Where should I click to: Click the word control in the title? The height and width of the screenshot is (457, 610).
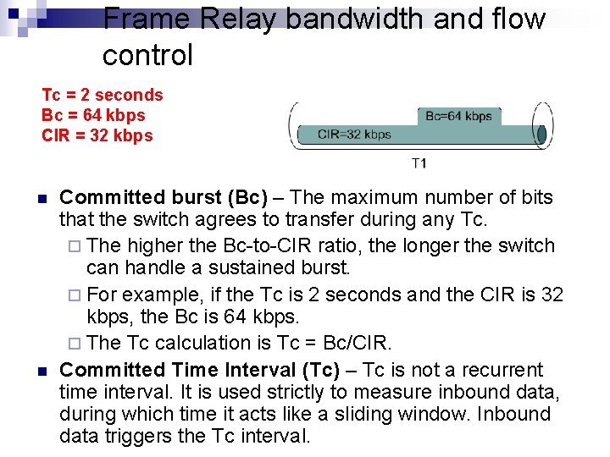point(147,56)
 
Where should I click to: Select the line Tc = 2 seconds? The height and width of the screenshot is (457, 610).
point(102,95)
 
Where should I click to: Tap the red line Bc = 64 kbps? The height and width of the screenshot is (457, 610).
point(93,115)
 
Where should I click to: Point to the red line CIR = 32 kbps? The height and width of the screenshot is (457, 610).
point(97,135)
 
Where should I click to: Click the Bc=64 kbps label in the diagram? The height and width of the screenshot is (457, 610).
point(458,116)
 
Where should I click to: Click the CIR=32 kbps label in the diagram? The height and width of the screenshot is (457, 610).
point(354,134)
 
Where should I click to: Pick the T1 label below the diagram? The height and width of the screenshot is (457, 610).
point(419,162)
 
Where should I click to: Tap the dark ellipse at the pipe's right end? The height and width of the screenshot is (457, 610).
point(541,135)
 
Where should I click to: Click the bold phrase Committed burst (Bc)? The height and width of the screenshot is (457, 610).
point(164,198)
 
